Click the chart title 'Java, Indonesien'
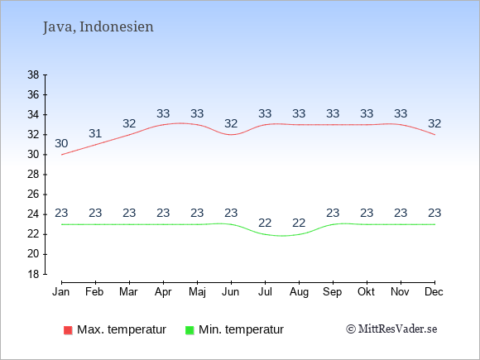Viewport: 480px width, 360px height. [98, 27]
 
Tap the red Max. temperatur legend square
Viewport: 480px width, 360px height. [68, 330]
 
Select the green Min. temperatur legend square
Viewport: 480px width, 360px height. [190, 330]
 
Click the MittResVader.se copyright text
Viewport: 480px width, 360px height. [391, 329]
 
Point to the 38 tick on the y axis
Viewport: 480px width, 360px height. [33, 74]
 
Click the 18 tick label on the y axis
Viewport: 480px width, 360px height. [33, 274]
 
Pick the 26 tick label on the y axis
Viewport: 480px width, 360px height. [33, 194]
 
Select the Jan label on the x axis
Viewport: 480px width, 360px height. [61, 292]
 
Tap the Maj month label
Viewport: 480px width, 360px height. [197, 292]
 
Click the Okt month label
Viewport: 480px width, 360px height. [367, 292]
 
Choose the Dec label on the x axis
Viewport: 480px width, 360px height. [434, 292]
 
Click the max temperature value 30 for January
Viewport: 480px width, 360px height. [61, 143]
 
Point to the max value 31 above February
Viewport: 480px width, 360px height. [95, 133]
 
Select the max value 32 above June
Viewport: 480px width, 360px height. [231, 123]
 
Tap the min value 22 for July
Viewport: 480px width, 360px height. [265, 223]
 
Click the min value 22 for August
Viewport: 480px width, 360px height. [299, 223]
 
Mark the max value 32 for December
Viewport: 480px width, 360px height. [434, 123]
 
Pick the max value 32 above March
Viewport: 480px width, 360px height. [129, 123]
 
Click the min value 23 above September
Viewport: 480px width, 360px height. [333, 213]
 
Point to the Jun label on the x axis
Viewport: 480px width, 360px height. [231, 292]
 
